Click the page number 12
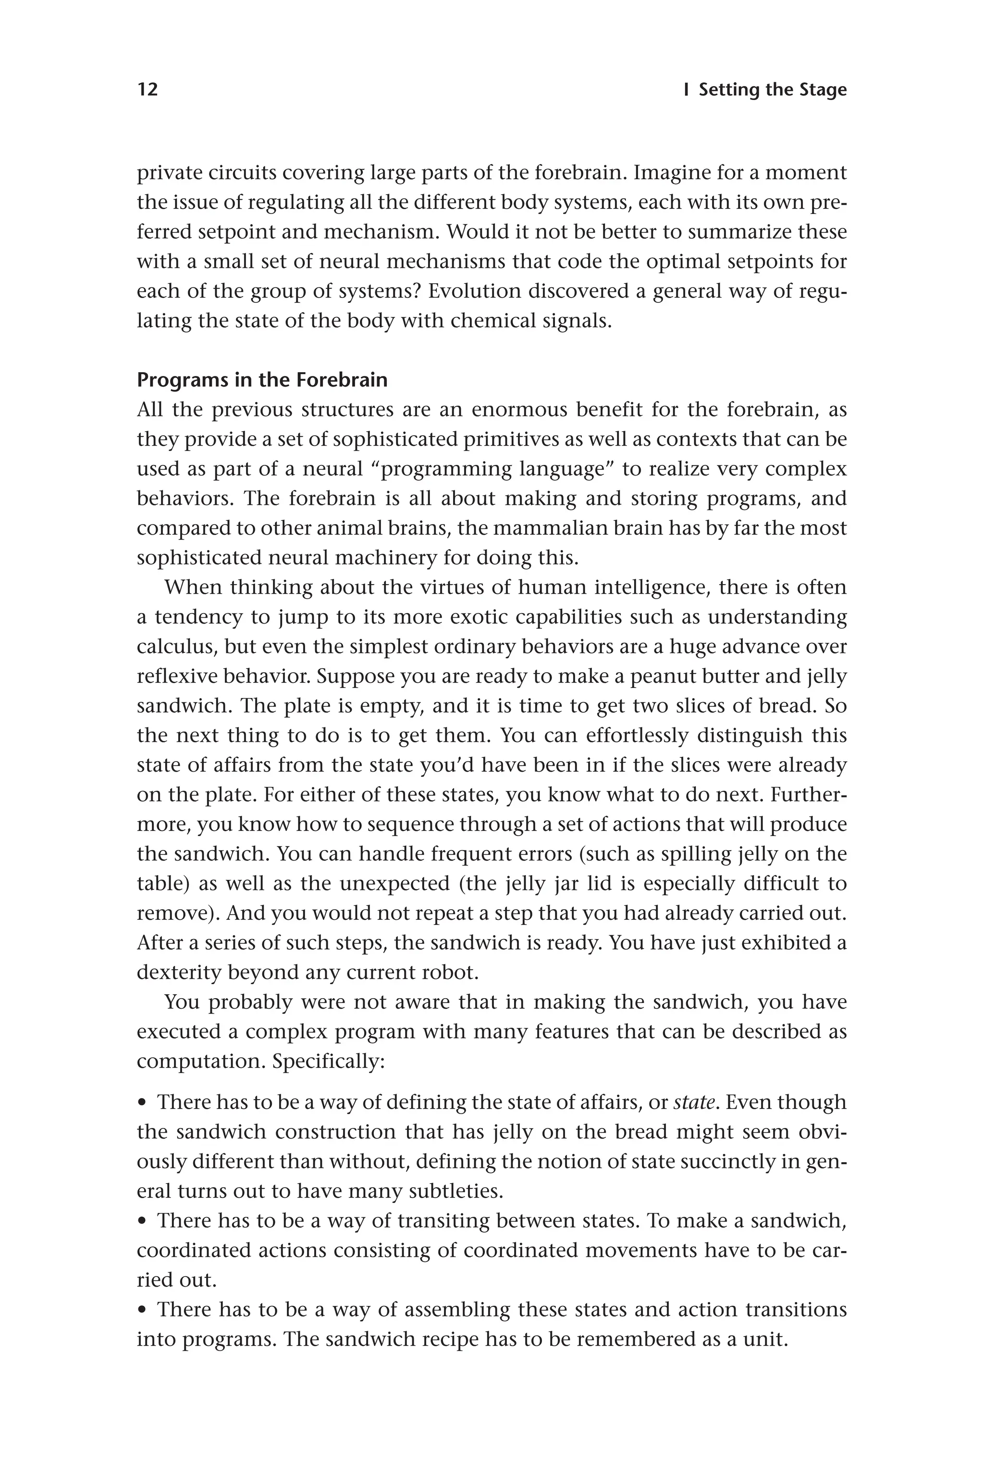148,90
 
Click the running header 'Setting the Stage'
773,90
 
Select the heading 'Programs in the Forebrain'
262,380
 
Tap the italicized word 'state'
694,1102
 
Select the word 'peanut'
664,676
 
